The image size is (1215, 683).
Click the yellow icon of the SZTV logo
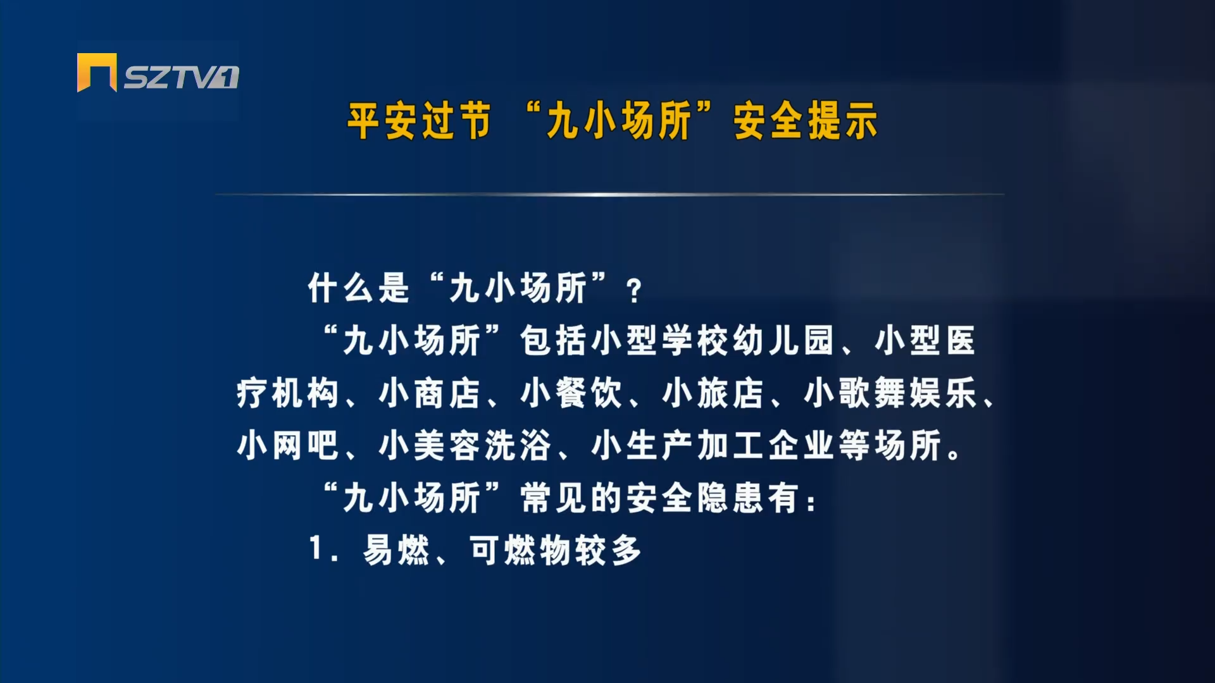point(97,72)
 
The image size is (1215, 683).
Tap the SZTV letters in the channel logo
point(181,77)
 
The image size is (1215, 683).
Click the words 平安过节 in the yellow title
point(419,121)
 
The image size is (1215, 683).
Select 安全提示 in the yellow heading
point(806,121)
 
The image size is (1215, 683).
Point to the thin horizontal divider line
point(609,194)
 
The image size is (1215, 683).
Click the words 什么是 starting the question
point(359,288)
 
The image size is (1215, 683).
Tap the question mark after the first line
point(633,292)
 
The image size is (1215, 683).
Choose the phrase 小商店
point(429,393)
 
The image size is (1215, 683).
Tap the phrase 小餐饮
point(571,393)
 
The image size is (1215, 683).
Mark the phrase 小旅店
point(713,393)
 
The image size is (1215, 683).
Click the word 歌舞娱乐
point(907,393)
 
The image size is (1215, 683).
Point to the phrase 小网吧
point(287,446)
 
